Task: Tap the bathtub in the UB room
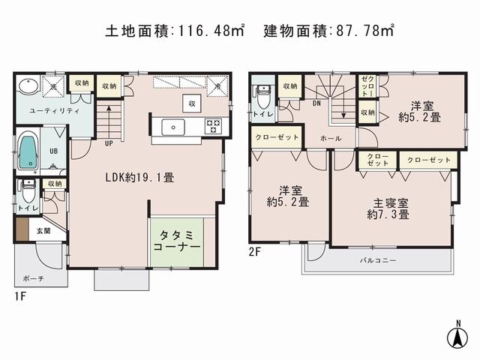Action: (28, 151)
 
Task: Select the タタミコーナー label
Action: (178, 239)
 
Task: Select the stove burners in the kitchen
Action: (212, 125)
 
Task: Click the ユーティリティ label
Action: (45, 110)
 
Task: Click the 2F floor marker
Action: (256, 253)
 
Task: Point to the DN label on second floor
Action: (317, 104)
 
